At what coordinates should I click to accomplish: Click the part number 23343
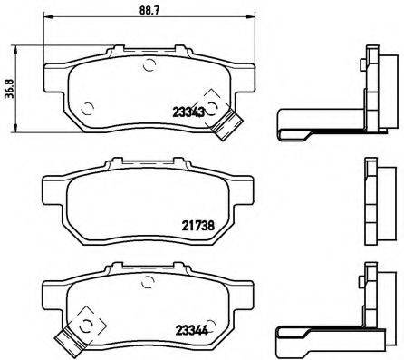pyautogui.click(x=188, y=112)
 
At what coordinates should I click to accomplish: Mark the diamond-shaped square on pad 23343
pyautogui.click(x=214, y=102)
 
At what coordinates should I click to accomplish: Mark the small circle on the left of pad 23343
pyautogui.click(x=87, y=112)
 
